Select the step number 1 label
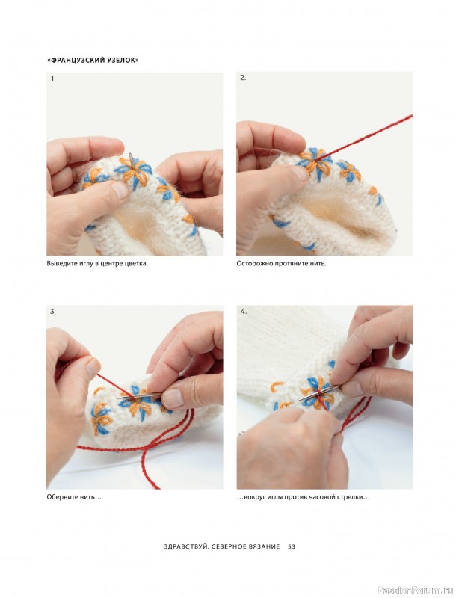pos(53,79)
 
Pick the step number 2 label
pos(243,78)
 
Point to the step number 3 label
pos(53,311)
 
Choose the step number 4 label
pos(243,311)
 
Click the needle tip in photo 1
pos(130,155)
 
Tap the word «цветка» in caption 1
pos(136,264)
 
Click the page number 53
pos(292,546)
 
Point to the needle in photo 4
pos(318,393)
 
